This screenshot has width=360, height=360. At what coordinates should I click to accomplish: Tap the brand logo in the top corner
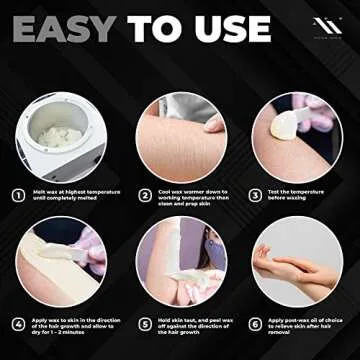click(x=329, y=26)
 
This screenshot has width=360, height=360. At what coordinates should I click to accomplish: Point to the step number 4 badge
click(x=19, y=325)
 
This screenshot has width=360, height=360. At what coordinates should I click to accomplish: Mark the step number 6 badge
click(x=254, y=325)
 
